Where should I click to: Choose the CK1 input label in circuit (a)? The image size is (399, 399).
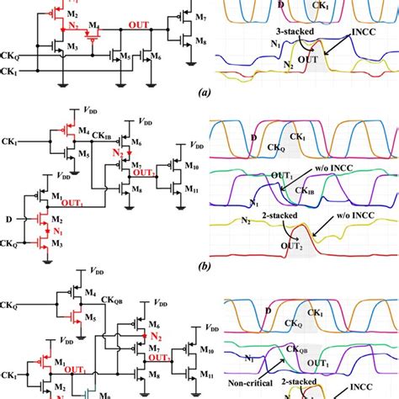8,72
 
